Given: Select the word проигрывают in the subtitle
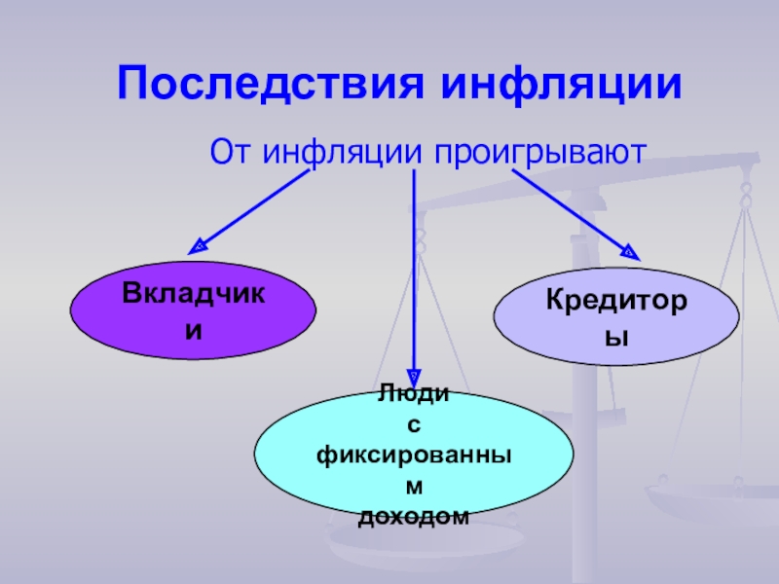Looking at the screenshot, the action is (x=539, y=154).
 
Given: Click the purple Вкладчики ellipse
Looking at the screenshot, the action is (x=193, y=310).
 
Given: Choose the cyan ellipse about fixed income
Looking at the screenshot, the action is (x=413, y=456).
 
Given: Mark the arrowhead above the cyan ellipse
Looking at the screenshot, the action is (x=415, y=375).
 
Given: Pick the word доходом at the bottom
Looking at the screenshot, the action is (x=414, y=517).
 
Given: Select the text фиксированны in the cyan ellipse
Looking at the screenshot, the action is (x=414, y=455).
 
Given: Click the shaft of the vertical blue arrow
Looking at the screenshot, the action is (x=415, y=273).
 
